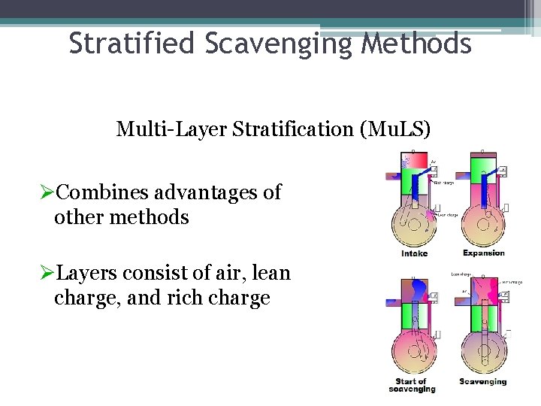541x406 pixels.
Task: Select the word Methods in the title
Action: click(416, 44)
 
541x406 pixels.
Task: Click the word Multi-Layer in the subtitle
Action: click(168, 129)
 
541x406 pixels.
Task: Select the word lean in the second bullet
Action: click(272, 274)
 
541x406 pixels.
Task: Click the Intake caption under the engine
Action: click(415, 253)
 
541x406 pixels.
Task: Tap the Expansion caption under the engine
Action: click(483, 253)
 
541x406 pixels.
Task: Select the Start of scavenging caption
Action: click(412, 385)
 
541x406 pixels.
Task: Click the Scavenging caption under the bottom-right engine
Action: click(482, 381)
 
